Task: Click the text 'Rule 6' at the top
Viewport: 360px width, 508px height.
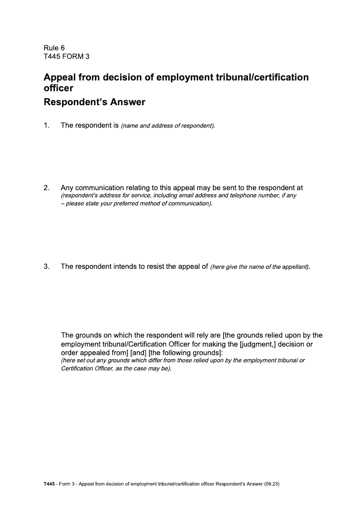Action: click(54, 48)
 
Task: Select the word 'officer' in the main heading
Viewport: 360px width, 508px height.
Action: click(58, 88)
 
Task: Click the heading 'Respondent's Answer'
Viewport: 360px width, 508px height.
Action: click(94, 102)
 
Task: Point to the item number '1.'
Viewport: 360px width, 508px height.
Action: click(46, 125)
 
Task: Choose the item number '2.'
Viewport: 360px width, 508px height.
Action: click(46, 187)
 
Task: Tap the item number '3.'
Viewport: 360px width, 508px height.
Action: click(46, 267)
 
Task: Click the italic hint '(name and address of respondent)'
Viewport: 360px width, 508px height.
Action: click(167, 126)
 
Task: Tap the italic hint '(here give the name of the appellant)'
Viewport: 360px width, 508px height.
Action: click(260, 267)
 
